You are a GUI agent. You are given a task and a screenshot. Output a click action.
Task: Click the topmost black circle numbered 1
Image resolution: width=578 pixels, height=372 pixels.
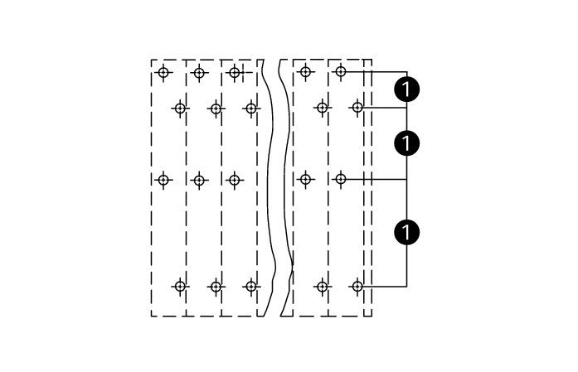(x=406, y=89)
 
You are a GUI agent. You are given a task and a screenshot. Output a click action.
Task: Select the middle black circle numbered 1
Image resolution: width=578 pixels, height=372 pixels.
(x=406, y=143)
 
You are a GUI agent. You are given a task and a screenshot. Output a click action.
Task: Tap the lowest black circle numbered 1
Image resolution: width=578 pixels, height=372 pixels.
(x=406, y=232)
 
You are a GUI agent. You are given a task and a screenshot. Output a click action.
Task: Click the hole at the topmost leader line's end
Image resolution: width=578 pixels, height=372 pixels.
(x=341, y=71)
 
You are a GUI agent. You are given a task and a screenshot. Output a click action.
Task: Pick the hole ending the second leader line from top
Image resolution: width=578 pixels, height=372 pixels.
(x=357, y=108)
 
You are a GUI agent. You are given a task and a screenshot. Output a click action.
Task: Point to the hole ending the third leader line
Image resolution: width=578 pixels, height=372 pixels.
(x=341, y=179)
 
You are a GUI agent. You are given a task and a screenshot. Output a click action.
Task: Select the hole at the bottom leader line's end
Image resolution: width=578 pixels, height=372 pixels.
(x=357, y=286)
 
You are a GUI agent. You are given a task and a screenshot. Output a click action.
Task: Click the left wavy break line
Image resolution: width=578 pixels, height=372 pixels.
(x=269, y=188)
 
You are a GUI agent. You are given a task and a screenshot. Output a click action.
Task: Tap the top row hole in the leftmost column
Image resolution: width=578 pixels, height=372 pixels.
(x=163, y=72)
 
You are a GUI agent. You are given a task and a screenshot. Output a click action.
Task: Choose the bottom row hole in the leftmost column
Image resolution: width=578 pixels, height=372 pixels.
(x=180, y=286)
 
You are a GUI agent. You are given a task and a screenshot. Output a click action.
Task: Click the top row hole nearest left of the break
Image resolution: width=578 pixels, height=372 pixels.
(x=235, y=73)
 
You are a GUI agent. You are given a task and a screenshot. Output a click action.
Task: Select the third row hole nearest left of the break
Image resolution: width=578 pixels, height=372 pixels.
(x=235, y=180)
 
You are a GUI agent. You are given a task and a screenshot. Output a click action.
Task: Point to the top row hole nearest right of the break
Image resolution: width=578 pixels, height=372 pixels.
(x=305, y=71)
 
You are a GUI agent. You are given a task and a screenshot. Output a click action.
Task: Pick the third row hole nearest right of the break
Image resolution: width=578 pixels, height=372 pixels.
(x=305, y=179)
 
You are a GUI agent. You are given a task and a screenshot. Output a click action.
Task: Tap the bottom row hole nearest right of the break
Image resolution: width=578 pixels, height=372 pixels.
(x=323, y=286)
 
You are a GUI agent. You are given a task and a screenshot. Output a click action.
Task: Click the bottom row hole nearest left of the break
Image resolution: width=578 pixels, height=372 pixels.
(x=251, y=286)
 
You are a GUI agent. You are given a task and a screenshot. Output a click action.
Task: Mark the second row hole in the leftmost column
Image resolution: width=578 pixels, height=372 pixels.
(x=180, y=109)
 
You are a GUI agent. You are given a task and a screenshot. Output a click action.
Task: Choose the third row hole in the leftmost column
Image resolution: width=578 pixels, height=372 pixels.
(x=163, y=180)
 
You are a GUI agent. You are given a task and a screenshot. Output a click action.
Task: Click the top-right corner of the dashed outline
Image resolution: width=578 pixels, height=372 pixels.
(x=372, y=60)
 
